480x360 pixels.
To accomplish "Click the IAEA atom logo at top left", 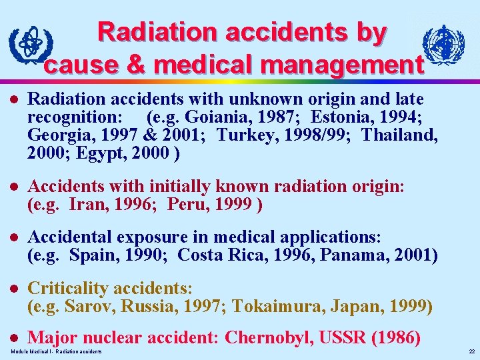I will click(x=27, y=45).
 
